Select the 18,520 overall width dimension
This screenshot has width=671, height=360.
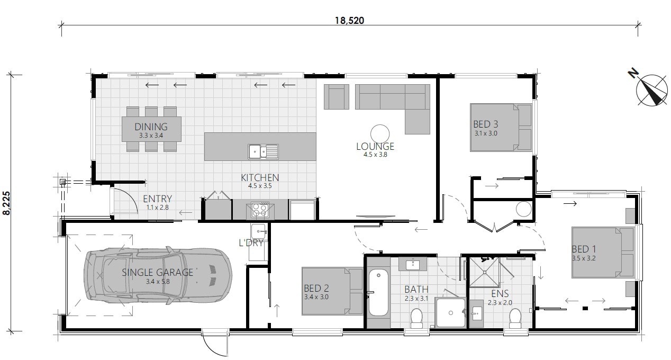350,21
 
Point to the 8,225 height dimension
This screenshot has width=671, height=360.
7,203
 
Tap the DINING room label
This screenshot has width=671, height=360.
151,127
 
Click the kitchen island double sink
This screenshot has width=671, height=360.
263,151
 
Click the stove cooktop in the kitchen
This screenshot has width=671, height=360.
260,210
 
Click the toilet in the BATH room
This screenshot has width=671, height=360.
417,318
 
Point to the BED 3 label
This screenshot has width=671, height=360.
485,124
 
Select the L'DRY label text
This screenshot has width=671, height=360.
251,243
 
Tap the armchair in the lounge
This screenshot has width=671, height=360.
336,96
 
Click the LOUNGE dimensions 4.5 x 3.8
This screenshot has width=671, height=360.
375,155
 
